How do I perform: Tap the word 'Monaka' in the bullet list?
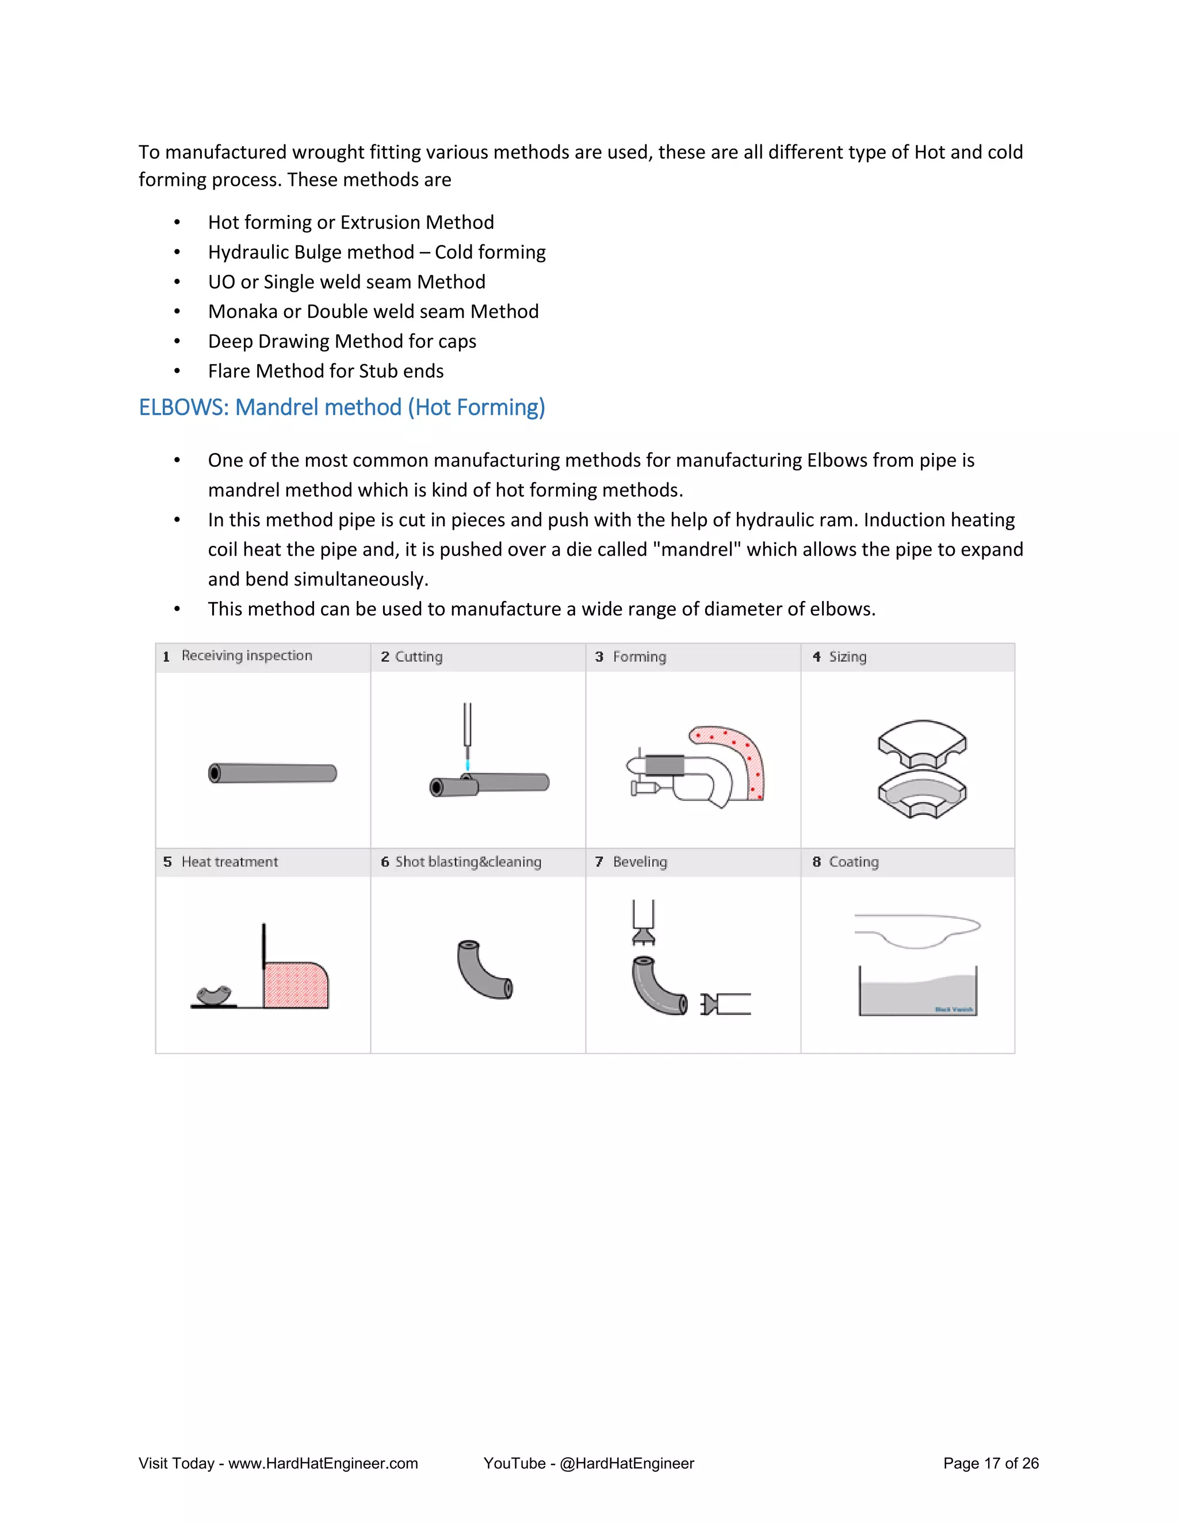click(243, 311)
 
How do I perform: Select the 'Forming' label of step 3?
click(639, 657)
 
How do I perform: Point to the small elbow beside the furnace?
click(214, 995)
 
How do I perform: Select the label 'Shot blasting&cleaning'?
click(468, 862)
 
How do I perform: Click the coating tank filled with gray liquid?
click(917, 995)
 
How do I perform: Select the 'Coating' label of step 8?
click(854, 862)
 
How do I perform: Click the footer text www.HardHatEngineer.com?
click(323, 1463)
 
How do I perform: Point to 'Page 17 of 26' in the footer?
click(990, 1463)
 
